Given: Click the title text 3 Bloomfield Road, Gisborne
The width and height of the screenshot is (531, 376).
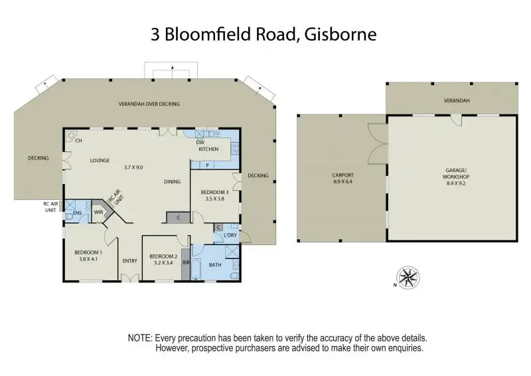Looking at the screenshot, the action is pos(264,34).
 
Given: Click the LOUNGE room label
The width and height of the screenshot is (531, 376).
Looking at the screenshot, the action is pos(100,159).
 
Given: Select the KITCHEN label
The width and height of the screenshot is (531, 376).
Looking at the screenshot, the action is pos(208,149).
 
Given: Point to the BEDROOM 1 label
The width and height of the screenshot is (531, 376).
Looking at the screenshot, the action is pos(88,252).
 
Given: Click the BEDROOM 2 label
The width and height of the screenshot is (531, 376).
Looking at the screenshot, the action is pos(163,256).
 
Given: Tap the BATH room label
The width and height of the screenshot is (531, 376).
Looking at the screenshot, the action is pos(214,264).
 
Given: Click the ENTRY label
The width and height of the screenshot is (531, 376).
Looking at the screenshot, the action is pos(129,260).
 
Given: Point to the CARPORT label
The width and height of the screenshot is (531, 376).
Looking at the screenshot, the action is pos(342,175).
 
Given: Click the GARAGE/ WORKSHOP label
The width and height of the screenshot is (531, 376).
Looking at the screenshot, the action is pos(457,173).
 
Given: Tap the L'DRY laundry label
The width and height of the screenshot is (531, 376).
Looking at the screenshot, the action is pos(230,236).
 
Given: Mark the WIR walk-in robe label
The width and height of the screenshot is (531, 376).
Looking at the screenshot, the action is pos(98,213).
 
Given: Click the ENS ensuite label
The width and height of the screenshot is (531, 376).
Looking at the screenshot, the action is pos(77,213).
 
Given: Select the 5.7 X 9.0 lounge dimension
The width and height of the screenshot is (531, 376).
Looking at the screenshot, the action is pos(133,167).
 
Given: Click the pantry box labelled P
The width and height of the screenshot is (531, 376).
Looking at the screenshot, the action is pos(208,165).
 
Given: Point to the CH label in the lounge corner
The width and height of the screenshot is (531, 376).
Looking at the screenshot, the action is pos(78,141).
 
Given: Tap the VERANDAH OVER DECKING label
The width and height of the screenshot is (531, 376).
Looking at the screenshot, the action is pos(149,104).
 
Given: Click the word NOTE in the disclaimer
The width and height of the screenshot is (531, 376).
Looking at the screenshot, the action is pos(139,338).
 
